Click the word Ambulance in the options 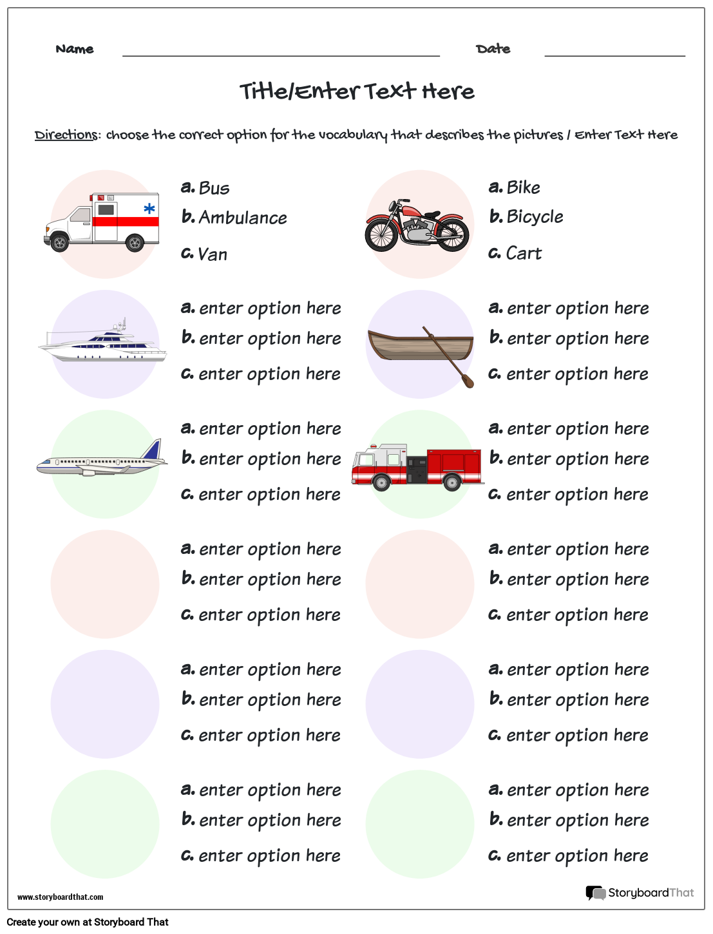242,218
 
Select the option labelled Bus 214,188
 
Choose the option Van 213,254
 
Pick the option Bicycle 535,217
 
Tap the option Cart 524,254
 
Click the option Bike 523,187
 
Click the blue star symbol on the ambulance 149,209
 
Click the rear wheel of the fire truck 452,482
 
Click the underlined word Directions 66,135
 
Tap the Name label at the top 75,49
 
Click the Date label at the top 493,49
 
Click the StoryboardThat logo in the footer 640,893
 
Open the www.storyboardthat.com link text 60,897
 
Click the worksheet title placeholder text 357,91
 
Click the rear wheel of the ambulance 135,243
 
